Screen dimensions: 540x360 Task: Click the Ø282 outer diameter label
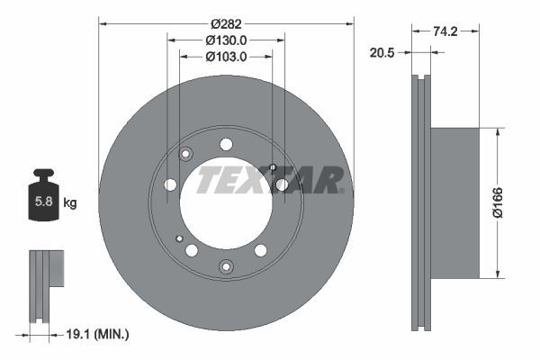pyautogui.click(x=226, y=24)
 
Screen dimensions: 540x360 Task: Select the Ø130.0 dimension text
pyautogui.click(x=226, y=40)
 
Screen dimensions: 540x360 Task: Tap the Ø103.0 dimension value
pyautogui.click(x=226, y=57)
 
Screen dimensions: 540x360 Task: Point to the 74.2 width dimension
pyautogui.click(x=445, y=31)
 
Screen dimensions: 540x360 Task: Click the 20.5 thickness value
pyautogui.click(x=382, y=53)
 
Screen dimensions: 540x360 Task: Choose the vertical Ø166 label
pyautogui.click(x=498, y=202)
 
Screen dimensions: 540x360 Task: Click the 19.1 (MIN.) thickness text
pyautogui.click(x=97, y=334)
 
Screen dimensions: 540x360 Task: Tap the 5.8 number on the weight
pyautogui.click(x=44, y=202)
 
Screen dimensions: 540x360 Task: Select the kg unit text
pyautogui.click(x=70, y=202)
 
